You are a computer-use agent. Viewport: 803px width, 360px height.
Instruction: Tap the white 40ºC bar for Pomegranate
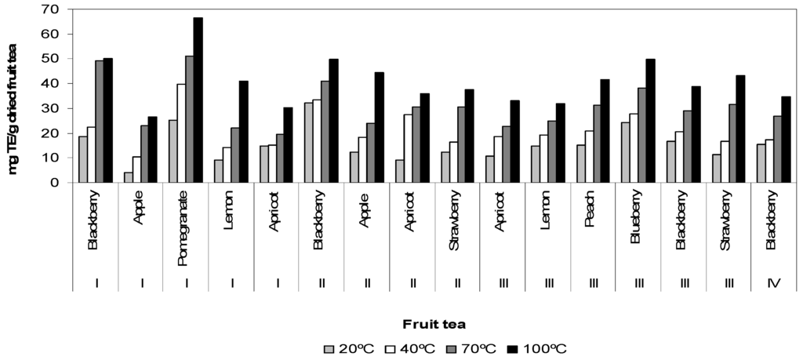180,133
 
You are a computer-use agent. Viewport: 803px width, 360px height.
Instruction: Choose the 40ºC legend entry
408,349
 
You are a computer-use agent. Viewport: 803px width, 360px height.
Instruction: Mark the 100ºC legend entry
545,349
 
